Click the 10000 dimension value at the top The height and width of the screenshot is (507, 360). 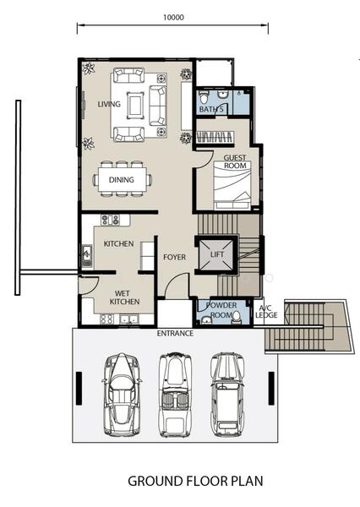(173, 17)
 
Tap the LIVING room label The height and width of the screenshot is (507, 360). (109, 104)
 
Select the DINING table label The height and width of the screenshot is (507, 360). (122, 179)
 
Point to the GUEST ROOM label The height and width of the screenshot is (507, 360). (235, 161)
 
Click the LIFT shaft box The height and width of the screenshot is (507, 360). (216, 254)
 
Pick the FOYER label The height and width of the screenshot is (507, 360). (175, 258)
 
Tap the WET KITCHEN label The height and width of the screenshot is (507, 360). (124, 297)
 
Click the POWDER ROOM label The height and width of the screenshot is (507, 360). (221, 310)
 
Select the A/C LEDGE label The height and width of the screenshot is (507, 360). (266, 311)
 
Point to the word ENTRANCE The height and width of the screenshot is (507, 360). (175, 334)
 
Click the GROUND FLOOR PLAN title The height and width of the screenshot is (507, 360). (195, 481)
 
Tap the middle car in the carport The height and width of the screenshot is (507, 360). (175, 395)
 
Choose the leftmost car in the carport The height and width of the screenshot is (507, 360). (122, 394)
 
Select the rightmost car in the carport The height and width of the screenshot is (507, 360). (227, 394)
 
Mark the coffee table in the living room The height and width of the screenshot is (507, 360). (135, 105)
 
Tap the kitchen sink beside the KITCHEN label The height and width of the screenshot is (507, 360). (87, 255)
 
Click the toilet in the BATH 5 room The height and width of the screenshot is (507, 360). (204, 97)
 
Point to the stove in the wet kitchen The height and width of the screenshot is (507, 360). (106, 319)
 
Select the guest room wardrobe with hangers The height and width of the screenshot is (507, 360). (215, 137)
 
